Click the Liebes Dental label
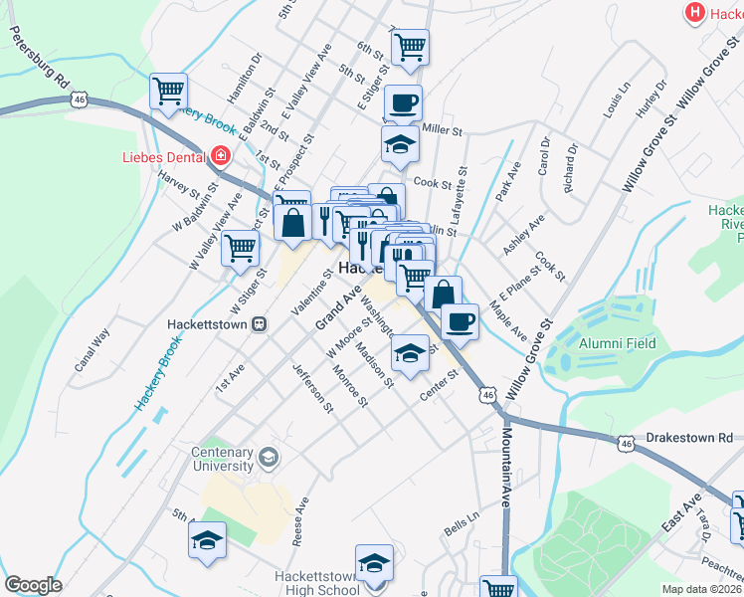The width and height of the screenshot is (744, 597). [161, 156]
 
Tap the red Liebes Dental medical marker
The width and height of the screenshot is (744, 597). [220, 156]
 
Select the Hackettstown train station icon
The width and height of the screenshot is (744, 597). [260, 324]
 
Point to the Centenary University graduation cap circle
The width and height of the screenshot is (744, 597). [267, 458]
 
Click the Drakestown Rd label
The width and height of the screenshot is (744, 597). [688, 437]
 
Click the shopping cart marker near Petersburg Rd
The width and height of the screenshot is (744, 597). [169, 92]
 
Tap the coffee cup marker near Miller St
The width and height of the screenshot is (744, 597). [403, 102]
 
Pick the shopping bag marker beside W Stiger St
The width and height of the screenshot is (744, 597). [293, 222]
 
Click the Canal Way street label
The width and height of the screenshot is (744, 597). [91, 351]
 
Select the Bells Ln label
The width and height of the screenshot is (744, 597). [462, 523]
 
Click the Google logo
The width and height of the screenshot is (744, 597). [33, 585]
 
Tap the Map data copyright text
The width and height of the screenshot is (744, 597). [701, 589]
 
